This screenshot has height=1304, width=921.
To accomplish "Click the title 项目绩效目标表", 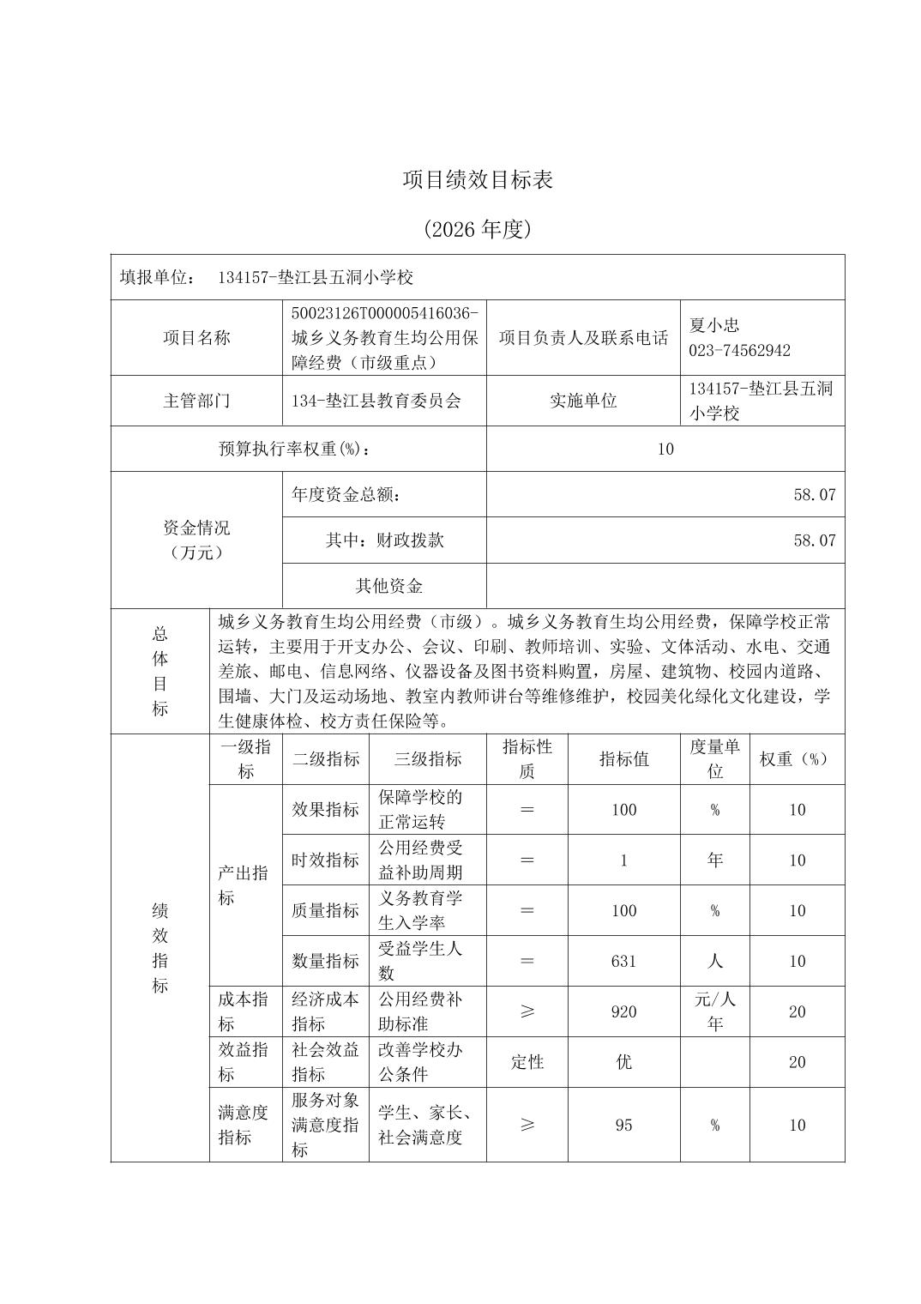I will (478, 179).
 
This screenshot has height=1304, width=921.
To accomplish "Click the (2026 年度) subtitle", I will (478, 229).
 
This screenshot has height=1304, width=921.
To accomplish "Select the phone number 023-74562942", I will (739, 350).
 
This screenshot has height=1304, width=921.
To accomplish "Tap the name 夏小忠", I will (713, 325).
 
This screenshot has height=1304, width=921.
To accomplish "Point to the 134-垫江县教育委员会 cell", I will (376, 401).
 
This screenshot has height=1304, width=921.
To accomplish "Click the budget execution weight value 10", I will (665, 449).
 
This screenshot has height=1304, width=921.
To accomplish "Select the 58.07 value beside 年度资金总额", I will (814, 494).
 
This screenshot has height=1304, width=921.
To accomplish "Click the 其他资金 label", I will (388, 586).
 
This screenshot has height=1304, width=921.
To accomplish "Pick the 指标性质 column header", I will (527, 758).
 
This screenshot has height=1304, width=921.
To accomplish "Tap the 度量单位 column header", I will (714, 758).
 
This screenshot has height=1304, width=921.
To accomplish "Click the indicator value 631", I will (623, 961).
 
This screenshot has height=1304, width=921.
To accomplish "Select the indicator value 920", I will (623, 1011).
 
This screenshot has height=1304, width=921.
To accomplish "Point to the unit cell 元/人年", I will (714, 1011).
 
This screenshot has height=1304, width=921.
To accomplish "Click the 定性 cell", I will (527, 1062).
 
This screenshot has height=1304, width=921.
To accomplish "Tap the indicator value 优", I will (623, 1062).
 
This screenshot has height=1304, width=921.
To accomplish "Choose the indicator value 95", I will (623, 1125).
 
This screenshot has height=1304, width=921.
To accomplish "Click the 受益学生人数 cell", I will (420, 961).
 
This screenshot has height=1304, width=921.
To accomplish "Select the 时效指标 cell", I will (325, 860).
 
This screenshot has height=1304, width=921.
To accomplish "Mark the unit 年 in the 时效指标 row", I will (714, 860).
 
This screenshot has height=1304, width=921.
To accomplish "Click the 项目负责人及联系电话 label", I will (583, 338).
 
